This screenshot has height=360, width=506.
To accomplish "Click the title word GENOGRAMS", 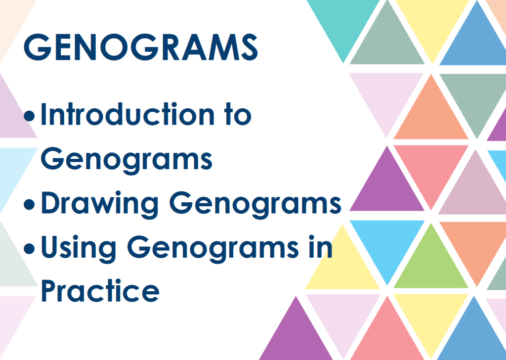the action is [x=141, y=47].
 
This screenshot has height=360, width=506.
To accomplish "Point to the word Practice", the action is [x=100, y=291].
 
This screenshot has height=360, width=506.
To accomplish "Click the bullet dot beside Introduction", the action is [x=29, y=116].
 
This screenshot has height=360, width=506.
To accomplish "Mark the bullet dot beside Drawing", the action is [x=29, y=204].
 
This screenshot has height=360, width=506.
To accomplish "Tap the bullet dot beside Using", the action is [x=29, y=249].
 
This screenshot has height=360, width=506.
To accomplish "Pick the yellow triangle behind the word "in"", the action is [x=342, y=268].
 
